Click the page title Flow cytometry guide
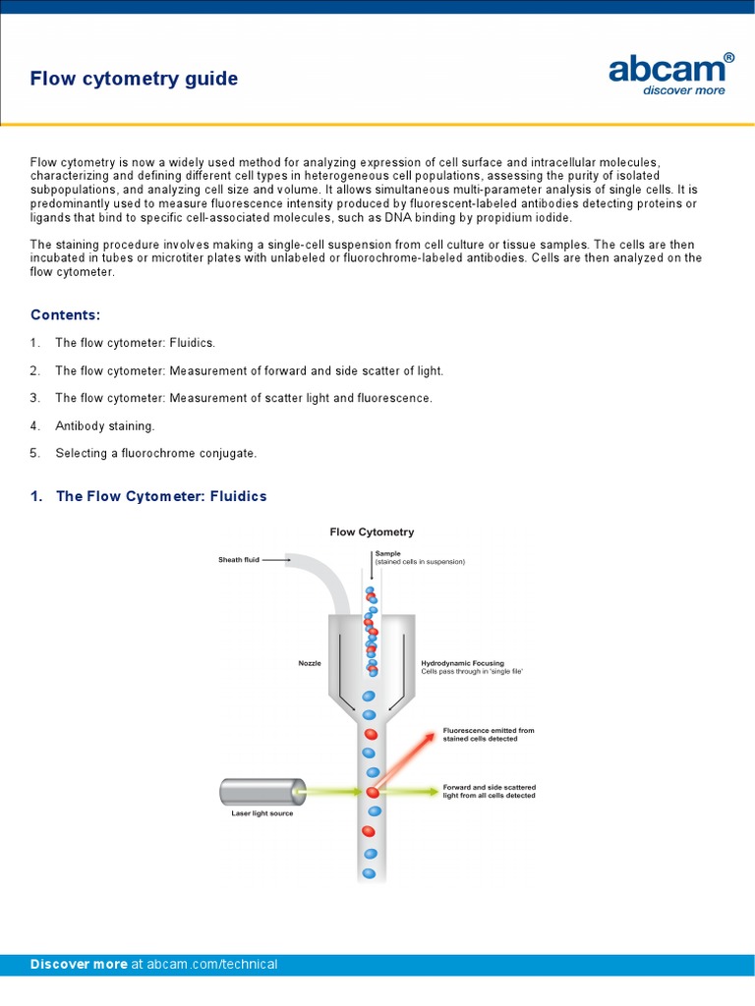pyautogui.click(x=134, y=79)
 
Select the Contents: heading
pyautogui.click(x=65, y=314)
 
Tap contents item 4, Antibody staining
pyautogui.click(x=104, y=425)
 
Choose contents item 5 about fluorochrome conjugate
pyautogui.click(x=155, y=453)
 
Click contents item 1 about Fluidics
pyautogui.click(x=135, y=343)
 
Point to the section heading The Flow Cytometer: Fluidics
pyautogui.click(x=161, y=496)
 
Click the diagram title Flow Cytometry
pyautogui.click(x=372, y=531)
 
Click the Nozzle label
pyautogui.click(x=310, y=663)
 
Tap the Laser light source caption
pyautogui.click(x=255, y=813)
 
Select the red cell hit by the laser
pyautogui.click(x=372, y=791)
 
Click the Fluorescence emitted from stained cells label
pyautogui.click(x=489, y=734)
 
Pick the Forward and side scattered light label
pyautogui.click(x=489, y=791)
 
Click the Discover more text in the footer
pyautogui.click(x=79, y=964)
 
